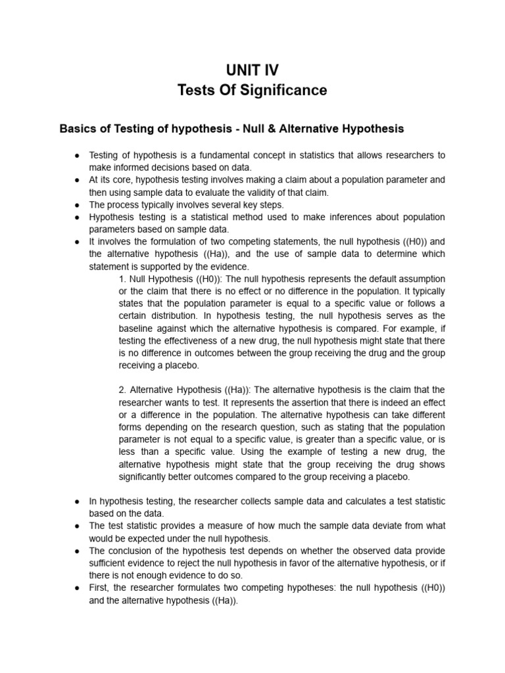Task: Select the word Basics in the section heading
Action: click(78, 129)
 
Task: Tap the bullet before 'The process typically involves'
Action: click(77, 204)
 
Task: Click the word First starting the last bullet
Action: click(99, 588)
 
